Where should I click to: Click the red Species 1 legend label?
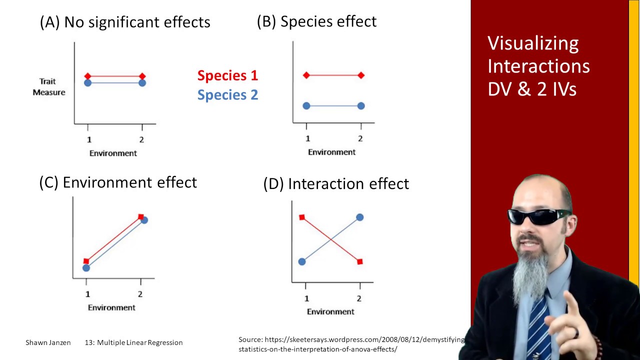pos(227,75)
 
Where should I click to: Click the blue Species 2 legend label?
pos(227,95)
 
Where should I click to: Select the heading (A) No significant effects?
pos(125,22)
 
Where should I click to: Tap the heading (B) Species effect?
pos(316,21)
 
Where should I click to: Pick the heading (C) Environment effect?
pos(118,182)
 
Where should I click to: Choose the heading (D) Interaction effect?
pos(336,184)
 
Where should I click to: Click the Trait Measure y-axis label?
pos(49,86)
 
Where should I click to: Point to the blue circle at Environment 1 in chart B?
pos(306,106)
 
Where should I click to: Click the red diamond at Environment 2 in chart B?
pos(361,75)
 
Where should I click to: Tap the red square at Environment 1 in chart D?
pos(302,217)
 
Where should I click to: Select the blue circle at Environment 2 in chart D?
pos(360,217)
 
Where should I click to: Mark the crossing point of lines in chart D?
pos(331,239)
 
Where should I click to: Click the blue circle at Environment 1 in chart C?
pos(86,268)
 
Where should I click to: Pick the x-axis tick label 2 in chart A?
pos(142,140)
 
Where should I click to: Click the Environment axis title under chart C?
pos(111,307)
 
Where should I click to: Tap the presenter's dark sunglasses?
pos(538,216)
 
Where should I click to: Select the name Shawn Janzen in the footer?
pos(48,342)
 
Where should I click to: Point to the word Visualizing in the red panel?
pos(533,43)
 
